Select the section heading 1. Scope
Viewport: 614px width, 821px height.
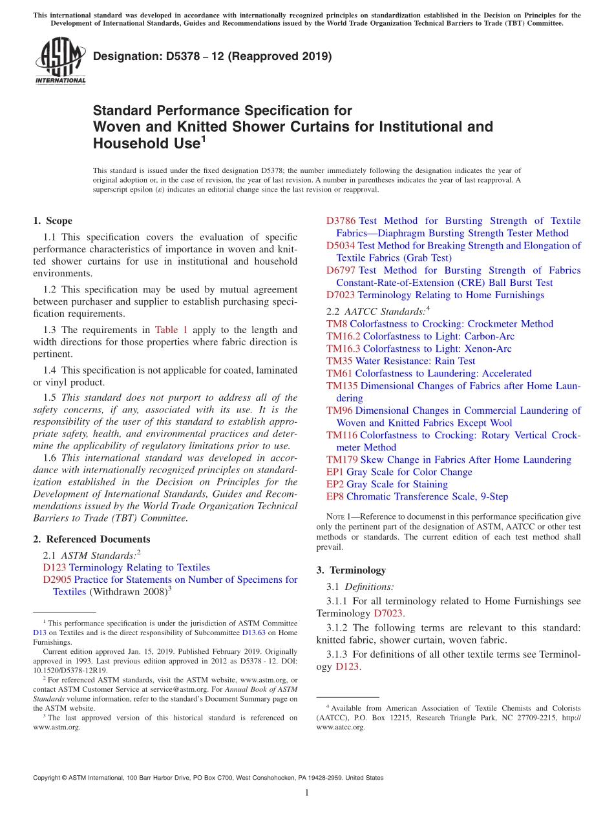(53, 221)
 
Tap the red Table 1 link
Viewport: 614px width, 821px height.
(171, 330)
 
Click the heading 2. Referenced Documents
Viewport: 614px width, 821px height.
(92, 539)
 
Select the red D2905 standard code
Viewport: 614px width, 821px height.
(57, 580)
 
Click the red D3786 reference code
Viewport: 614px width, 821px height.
(341, 221)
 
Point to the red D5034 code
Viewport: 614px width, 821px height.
(341, 245)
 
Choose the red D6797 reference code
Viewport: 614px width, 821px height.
(341, 270)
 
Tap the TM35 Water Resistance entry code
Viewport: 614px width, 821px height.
(339, 361)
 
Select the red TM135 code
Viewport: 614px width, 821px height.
(342, 386)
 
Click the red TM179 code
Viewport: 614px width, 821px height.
(342, 460)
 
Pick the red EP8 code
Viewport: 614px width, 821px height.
(335, 496)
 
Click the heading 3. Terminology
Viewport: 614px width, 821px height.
(351, 570)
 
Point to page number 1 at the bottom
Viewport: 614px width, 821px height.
(307, 793)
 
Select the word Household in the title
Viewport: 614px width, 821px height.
(129, 143)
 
